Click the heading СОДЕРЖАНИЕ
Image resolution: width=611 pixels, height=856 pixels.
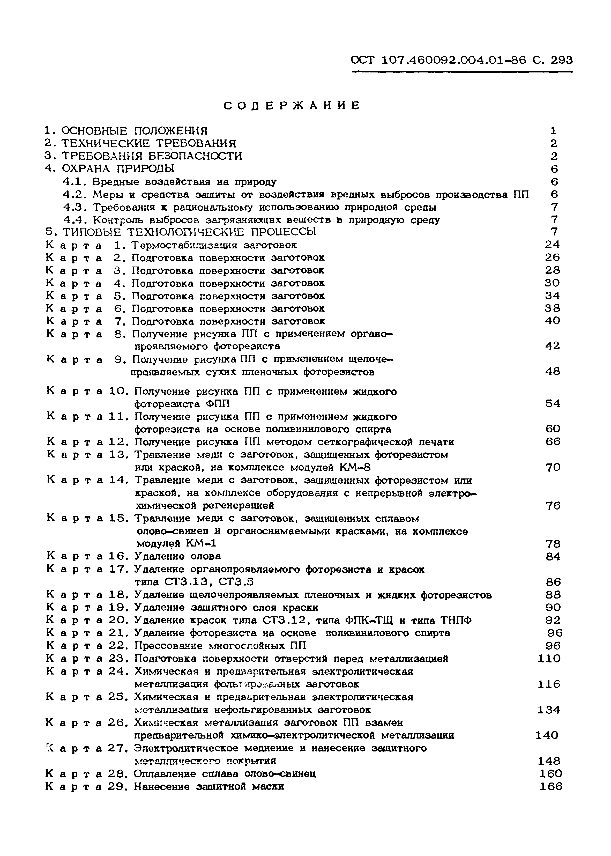(x=292, y=106)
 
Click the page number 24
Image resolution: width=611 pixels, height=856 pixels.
(x=552, y=245)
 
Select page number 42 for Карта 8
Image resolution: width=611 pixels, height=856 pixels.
(x=552, y=346)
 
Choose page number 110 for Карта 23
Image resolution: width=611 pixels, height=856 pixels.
(x=549, y=659)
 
